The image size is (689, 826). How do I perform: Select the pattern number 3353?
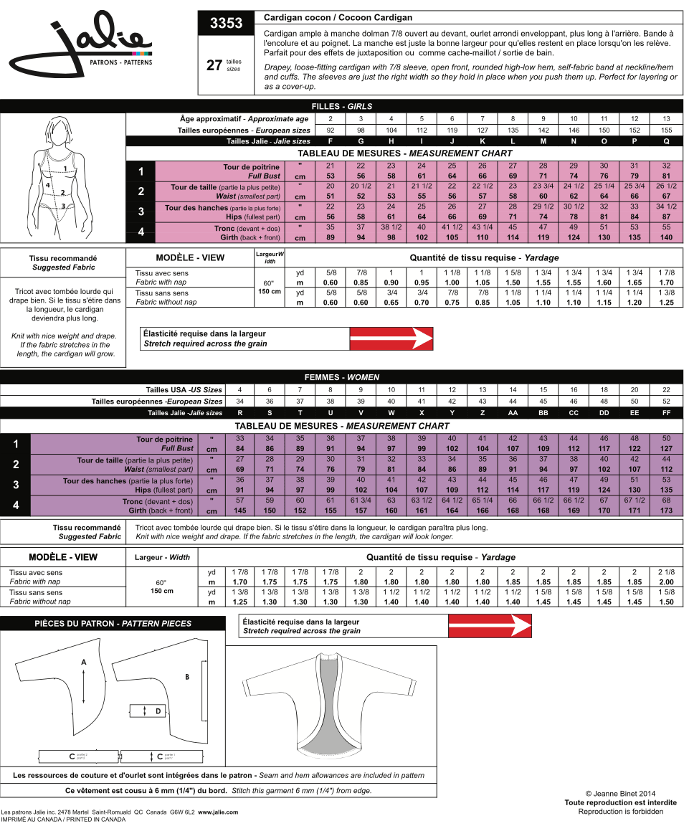tap(226, 24)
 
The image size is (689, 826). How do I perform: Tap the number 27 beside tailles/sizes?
tap(214, 65)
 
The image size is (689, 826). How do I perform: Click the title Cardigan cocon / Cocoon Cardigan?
tap(338, 17)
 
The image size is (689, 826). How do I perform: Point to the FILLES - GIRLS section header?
tap(341, 106)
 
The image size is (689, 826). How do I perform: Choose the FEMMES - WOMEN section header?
tap(341, 377)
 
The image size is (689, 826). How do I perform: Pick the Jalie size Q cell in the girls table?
tap(666, 141)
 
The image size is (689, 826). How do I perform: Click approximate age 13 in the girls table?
tap(666, 118)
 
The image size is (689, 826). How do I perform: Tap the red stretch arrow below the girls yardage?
tap(391, 338)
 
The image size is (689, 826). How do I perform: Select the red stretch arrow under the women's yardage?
tap(490, 627)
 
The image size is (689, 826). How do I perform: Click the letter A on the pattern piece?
tap(84, 663)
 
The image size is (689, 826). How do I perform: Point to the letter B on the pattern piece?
tap(187, 676)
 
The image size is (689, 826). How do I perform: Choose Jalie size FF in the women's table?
tap(666, 413)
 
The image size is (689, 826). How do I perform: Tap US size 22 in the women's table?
tap(666, 389)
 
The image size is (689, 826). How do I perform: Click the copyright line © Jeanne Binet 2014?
tap(621, 794)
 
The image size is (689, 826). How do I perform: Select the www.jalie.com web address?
tap(218, 812)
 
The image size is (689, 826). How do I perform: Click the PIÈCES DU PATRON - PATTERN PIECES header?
tap(113, 624)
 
